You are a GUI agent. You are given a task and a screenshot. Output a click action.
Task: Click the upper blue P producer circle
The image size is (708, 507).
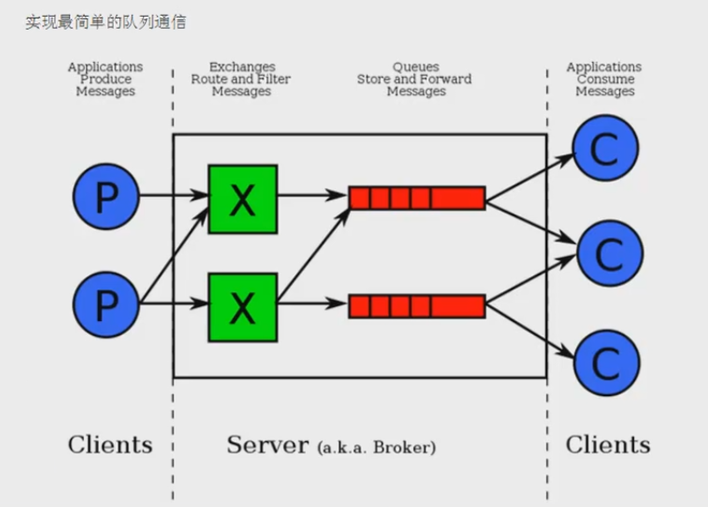click(x=105, y=196)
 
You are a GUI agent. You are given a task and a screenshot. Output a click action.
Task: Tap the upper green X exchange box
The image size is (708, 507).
click(x=242, y=198)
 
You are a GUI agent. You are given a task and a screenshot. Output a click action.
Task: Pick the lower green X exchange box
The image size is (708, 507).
click(x=242, y=305)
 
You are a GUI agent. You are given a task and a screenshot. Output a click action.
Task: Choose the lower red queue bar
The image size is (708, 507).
click(x=416, y=306)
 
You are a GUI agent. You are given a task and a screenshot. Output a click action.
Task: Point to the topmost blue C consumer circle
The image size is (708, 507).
click(x=606, y=148)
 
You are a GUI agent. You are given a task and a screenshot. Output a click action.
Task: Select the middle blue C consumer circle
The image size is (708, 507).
click(x=609, y=252)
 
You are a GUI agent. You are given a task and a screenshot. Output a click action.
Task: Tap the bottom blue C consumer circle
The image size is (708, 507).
click(x=606, y=364)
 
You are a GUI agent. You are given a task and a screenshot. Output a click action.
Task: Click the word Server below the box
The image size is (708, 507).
click(x=267, y=444)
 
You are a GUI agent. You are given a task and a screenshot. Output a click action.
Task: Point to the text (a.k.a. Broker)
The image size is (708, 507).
click(x=376, y=447)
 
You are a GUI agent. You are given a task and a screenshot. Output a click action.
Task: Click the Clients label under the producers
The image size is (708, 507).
click(x=109, y=444)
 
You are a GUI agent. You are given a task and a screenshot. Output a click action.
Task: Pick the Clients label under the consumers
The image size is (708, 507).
click(x=607, y=444)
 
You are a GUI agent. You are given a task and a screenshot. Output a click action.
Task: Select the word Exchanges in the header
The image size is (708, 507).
click(x=242, y=67)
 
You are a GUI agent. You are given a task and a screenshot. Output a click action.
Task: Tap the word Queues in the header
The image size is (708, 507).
click(x=415, y=67)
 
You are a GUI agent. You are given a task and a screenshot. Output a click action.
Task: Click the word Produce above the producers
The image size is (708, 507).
click(x=105, y=79)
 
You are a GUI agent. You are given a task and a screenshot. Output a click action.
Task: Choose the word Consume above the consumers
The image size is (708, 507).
click(x=604, y=79)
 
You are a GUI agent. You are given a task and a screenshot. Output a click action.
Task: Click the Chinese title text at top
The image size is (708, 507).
click(x=105, y=21)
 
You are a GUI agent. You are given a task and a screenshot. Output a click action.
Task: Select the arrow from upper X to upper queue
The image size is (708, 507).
click(x=312, y=196)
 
